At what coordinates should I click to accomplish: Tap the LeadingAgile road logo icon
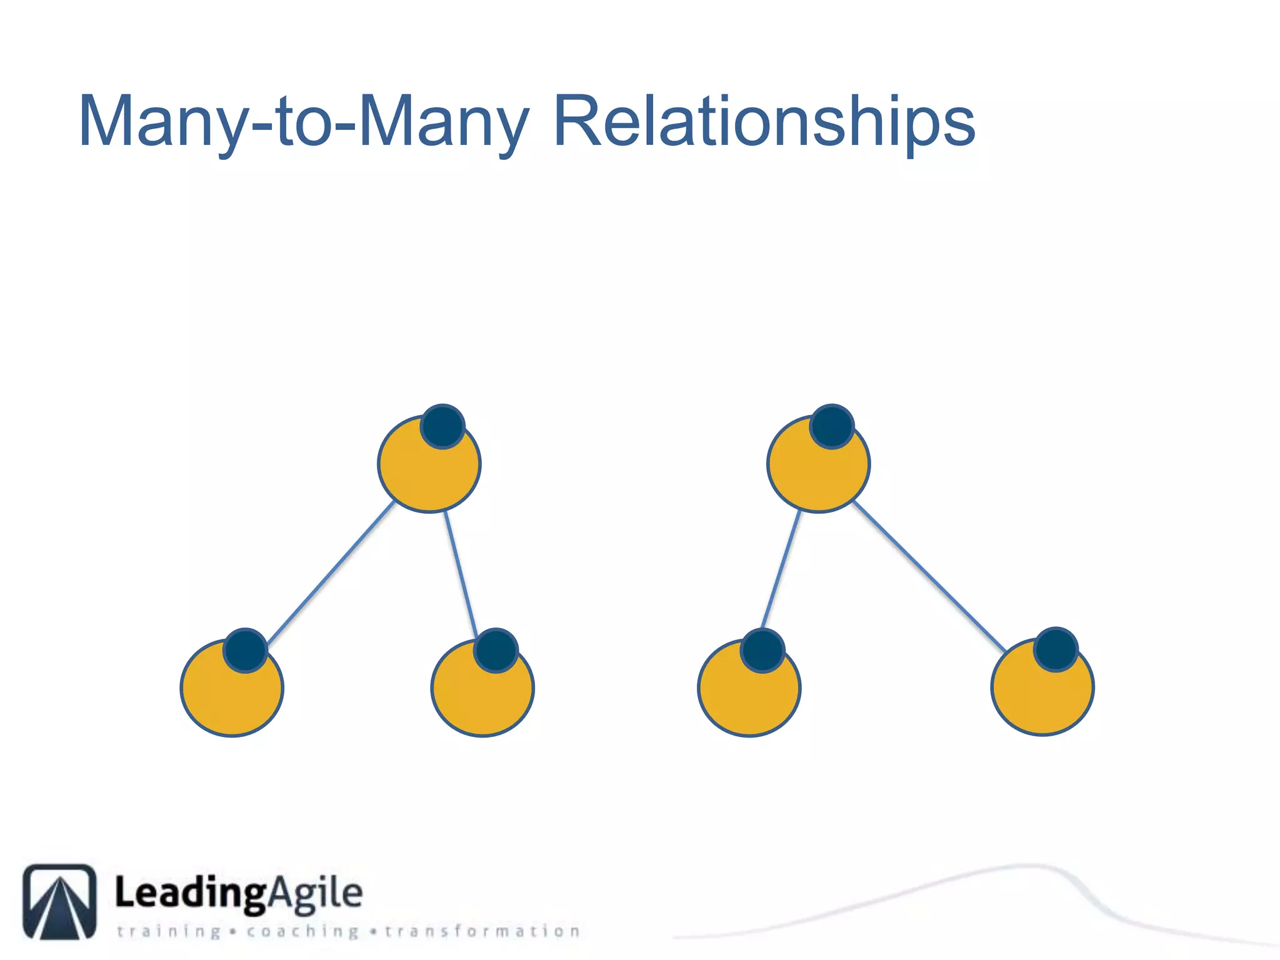click(x=60, y=901)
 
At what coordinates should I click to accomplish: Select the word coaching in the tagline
click(x=302, y=932)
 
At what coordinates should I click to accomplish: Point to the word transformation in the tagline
click(x=482, y=932)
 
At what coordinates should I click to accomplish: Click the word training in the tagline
click(x=169, y=932)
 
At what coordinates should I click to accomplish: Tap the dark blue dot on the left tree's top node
click(x=442, y=426)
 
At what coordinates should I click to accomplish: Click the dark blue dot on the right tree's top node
click(x=832, y=426)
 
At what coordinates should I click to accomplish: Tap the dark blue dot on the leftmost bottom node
click(x=246, y=650)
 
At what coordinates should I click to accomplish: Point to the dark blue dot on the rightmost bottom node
click(x=1056, y=649)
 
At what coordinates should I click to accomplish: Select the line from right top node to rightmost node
click(x=929, y=575)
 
